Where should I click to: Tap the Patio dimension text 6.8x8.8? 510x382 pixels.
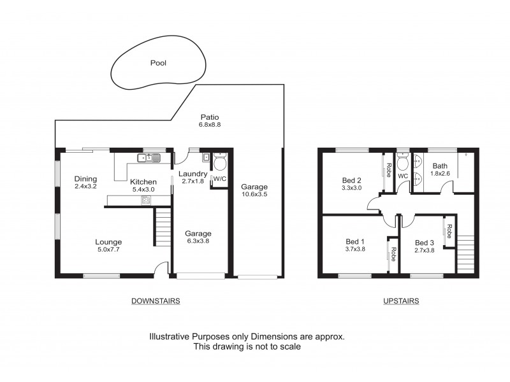[209, 125]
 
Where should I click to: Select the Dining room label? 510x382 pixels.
[85, 179]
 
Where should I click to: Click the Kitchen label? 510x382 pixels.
[143, 182]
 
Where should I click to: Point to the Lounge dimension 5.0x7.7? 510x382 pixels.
[108, 250]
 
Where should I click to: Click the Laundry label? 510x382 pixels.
[192, 174]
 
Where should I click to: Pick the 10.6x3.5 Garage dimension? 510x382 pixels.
[254, 195]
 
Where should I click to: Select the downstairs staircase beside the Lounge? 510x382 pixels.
[164, 228]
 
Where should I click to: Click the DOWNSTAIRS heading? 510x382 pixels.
[156, 301]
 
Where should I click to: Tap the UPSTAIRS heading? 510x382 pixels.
[402, 301]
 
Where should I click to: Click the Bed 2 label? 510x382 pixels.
[351, 180]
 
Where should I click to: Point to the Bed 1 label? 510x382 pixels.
[355, 242]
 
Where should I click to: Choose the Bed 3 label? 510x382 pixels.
[424, 243]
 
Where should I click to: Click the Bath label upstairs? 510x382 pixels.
[440, 166]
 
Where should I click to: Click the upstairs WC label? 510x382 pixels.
[402, 176]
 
